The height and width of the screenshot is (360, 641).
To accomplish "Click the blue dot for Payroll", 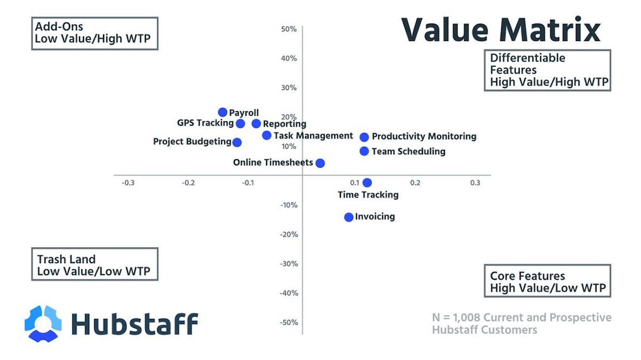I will pyautogui.click(x=223, y=112).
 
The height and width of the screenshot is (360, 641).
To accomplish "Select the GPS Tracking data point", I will pyautogui.click(x=240, y=123).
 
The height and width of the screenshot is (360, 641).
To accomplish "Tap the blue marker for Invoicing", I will pyautogui.click(x=349, y=217).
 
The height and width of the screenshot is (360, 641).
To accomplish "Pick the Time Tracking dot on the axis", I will pyautogui.click(x=367, y=183).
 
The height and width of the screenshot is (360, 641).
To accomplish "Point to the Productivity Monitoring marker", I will pyautogui.click(x=364, y=137).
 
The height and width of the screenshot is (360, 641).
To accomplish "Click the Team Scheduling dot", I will pyautogui.click(x=364, y=151).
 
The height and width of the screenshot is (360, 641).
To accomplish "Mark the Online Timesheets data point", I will pyautogui.click(x=320, y=163).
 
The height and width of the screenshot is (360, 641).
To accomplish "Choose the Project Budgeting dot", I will pyautogui.click(x=237, y=142).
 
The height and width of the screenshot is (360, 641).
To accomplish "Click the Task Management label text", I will pyautogui.click(x=313, y=136).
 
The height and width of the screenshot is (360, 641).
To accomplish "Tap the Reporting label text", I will pyautogui.click(x=285, y=124).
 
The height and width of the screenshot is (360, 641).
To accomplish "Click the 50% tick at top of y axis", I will pyautogui.click(x=288, y=29).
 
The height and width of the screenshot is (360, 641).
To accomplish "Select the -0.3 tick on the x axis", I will pyautogui.click(x=128, y=183).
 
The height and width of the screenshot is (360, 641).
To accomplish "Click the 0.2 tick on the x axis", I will pyautogui.click(x=415, y=183).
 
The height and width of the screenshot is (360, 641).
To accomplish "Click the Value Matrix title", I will pyautogui.click(x=501, y=30).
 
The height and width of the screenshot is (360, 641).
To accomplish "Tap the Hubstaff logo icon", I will pyautogui.click(x=43, y=323).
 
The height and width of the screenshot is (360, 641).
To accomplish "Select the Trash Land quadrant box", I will pyautogui.click(x=95, y=264).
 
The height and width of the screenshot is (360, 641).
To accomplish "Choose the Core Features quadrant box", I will pyautogui.click(x=548, y=281).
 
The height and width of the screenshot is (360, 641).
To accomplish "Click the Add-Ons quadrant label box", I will pyautogui.click(x=95, y=33).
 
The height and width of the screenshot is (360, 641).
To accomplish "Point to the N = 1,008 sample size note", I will pyautogui.click(x=521, y=324).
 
